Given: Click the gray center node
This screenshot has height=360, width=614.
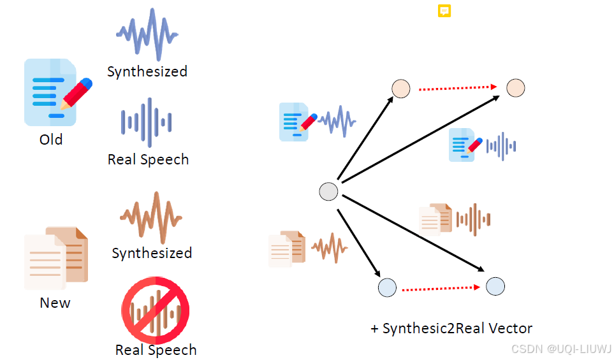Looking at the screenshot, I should coord(328,191).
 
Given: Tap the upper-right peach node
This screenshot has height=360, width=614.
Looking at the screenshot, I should coord(515,89).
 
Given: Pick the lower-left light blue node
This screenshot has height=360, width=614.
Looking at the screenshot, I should coord(387,288).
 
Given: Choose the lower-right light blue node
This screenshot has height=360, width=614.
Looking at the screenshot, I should coord(495,287).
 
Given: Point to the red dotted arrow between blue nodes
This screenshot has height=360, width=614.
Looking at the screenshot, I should coord(441,288).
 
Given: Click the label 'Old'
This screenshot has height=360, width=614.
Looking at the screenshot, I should coord(51,140).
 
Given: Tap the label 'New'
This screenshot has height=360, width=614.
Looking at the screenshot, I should coord(55,303).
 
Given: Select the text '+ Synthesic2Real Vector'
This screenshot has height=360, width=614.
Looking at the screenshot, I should coord(451,329).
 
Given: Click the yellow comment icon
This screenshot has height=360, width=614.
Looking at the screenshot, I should coord(444,11).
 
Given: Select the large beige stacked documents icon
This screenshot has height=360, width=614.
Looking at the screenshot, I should coord(56,258).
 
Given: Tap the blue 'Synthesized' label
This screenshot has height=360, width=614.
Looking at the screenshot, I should coord(147,71).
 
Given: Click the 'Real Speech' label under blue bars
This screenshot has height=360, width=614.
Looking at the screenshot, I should coord(148,159).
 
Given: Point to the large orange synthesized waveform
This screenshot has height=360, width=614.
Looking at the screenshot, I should coord(151,218).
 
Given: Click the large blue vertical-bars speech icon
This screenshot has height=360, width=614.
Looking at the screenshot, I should coord(147,122).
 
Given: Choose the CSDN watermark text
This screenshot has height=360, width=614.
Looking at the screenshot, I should coord(562,349).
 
